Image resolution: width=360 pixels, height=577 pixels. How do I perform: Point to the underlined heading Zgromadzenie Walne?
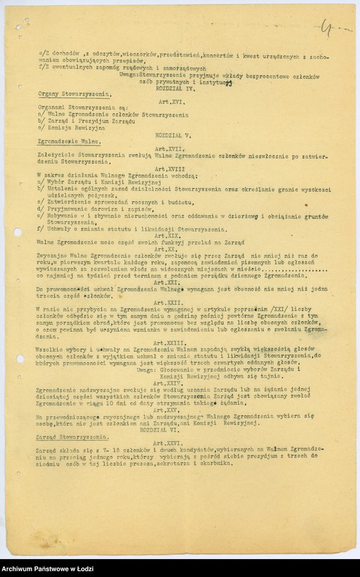(60, 142)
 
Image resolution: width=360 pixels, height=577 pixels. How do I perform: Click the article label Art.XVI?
(168, 101)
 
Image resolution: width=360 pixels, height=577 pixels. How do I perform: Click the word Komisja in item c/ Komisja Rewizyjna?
(58, 128)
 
